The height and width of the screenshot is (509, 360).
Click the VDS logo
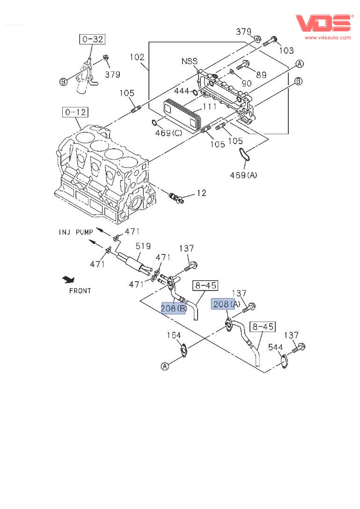point(323,22)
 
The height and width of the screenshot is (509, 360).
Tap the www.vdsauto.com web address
point(328,37)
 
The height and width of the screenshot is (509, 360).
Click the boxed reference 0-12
point(76,112)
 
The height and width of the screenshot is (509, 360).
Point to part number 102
point(137,58)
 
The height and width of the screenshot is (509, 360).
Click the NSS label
point(190,61)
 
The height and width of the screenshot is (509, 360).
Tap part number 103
point(286,51)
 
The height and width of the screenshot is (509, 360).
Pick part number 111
point(209,107)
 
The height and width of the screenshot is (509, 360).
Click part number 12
point(201,193)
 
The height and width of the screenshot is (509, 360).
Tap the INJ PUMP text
point(76,232)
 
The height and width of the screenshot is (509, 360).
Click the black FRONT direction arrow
point(69,280)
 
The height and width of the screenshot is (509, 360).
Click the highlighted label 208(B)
point(173,308)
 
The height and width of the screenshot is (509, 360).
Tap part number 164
point(174,335)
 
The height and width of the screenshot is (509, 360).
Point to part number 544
point(275,347)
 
